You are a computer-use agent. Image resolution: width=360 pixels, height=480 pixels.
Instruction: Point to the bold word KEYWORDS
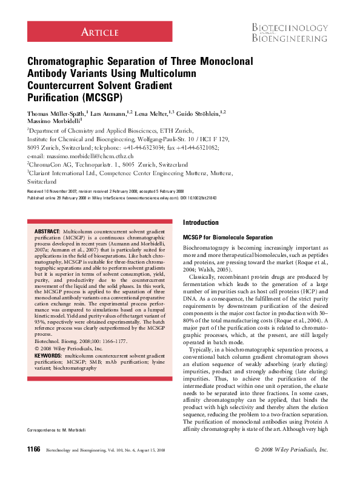[48, 355]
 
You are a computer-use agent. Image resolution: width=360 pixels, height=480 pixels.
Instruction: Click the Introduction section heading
[201, 223]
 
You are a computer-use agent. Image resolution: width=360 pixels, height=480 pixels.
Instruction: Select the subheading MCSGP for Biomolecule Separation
[228, 237]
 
